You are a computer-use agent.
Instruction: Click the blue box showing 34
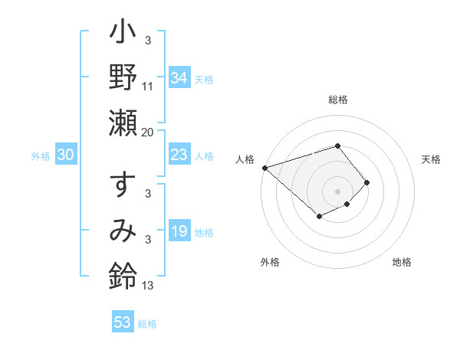coord(179,78)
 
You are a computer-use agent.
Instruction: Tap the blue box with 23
coord(179,155)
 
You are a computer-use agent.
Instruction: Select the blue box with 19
coord(179,232)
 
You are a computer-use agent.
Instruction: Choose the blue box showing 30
coord(66,155)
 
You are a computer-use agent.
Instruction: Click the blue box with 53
coord(123,322)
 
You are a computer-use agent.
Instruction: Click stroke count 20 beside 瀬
coord(148,133)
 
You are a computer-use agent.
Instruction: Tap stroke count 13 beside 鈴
coord(148,286)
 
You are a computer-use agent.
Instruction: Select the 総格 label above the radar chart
coord(338,100)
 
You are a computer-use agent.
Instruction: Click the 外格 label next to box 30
coord(41,156)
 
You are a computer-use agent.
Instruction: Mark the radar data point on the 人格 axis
coord(264,168)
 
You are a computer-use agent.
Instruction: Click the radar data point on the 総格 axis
coord(337,146)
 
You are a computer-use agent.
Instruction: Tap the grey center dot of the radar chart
coord(337,191)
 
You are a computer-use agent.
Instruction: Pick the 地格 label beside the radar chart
coord(402,262)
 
